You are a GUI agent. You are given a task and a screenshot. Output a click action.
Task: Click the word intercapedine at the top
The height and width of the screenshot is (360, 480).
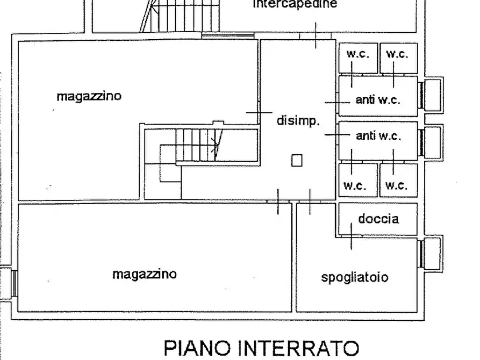click(x=295, y=5)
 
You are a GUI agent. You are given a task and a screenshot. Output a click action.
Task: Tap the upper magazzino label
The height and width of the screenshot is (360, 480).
click(x=89, y=97)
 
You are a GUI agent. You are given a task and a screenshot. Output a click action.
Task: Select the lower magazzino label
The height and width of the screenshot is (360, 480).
click(x=144, y=274)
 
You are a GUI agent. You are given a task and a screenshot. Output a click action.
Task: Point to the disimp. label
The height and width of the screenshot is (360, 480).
click(x=298, y=121)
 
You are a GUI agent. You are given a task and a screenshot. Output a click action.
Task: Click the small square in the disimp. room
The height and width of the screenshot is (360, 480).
click(x=297, y=160)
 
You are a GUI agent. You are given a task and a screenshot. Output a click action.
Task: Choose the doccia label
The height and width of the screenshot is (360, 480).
click(x=378, y=219)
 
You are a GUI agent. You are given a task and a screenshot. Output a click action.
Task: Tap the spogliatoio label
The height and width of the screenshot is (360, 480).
click(x=355, y=278)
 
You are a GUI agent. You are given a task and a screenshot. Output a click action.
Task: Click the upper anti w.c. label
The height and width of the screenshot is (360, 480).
click(x=378, y=100)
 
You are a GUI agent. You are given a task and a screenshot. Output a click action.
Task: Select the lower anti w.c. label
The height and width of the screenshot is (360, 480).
click(x=378, y=136)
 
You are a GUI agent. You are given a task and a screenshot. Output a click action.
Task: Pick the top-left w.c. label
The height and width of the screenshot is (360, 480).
click(x=357, y=54)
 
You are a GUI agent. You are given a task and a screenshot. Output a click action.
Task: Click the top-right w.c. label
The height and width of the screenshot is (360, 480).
click(x=397, y=54)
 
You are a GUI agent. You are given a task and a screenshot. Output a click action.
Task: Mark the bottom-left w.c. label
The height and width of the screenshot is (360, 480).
click(x=355, y=186)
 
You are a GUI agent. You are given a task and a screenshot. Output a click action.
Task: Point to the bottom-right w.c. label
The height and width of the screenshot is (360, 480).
click(x=397, y=186)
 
